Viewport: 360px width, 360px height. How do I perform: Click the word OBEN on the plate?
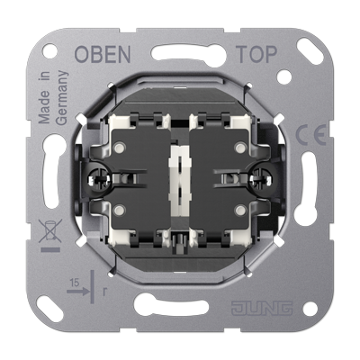pyautogui.click(x=103, y=54)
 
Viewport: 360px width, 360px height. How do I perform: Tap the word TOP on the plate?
pyautogui.click(x=256, y=54)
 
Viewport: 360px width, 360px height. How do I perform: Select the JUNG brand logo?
pyautogui.click(x=262, y=308)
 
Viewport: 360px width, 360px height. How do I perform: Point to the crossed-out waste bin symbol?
pyautogui.click(x=50, y=230)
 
